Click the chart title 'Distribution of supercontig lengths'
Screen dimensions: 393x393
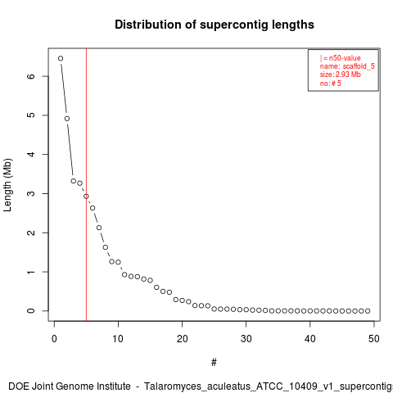(x=215, y=25)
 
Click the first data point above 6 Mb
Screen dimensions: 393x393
(x=61, y=58)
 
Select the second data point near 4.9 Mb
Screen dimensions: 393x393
(x=67, y=119)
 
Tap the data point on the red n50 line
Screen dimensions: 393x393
(x=86, y=196)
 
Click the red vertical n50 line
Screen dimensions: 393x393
(x=86, y=184)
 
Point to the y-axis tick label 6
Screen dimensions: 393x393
(x=31, y=76)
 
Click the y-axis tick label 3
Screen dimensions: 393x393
(x=31, y=193)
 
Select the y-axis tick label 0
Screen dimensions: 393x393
(x=31, y=311)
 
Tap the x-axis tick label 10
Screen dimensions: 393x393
(x=118, y=339)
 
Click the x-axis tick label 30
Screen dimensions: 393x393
(x=246, y=339)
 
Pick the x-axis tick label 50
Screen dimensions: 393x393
(x=374, y=339)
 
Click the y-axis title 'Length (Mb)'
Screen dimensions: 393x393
(x=8, y=185)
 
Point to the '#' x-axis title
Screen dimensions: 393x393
(x=214, y=363)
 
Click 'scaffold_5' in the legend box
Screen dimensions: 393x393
(x=359, y=66)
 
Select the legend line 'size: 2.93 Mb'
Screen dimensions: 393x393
(x=341, y=75)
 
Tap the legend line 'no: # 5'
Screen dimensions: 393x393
(x=331, y=84)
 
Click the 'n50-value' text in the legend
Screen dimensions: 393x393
(x=345, y=58)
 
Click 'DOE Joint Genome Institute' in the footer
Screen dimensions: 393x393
(x=70, y=386)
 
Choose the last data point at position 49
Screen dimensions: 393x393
(x=368, y=311)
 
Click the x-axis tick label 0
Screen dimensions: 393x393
(x=54, y=339)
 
